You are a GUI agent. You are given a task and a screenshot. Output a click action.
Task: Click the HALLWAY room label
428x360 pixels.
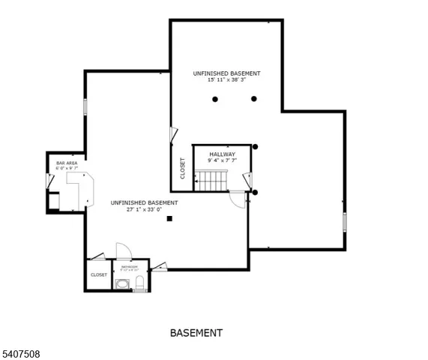[x=222, y=154]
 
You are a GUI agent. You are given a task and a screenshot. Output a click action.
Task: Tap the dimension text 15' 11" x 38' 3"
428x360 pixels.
[x=226, y=80]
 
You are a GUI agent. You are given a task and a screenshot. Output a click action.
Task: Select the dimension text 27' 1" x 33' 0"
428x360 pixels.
[x=144, y=209]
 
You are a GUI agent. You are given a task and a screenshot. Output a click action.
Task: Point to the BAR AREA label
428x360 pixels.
[x=67, y=163]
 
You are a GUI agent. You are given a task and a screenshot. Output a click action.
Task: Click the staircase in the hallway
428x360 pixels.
[x=211, y=179]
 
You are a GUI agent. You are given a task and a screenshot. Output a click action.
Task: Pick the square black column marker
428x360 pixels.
[x=170, y=219]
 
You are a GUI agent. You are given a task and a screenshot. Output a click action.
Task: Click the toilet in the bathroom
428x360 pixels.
[x=140, y=283]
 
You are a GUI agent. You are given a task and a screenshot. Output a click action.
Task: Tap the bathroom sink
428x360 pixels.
[x=123, y=283]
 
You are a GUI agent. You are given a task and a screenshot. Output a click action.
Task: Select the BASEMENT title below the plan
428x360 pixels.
[x=196, y=332]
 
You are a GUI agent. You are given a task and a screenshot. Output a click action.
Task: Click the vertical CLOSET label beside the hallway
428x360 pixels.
[x=183, y=167]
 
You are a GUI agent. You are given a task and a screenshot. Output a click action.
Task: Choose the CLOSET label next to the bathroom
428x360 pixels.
[x=99, y=274]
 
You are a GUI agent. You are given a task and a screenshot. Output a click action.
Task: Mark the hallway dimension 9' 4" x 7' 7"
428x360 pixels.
[x=222, y=160]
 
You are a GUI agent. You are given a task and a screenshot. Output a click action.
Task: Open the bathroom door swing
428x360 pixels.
[x=124, y=251]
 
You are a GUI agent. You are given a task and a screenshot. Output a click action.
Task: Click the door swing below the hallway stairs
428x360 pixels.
[x=237, y=199]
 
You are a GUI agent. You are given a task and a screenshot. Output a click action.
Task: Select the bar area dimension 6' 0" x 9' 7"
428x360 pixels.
[x=67, y=168]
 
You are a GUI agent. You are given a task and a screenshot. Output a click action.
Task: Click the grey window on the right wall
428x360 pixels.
[x=345, y=222]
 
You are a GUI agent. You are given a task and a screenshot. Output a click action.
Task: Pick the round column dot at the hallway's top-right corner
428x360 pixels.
[x=256, y=146]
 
